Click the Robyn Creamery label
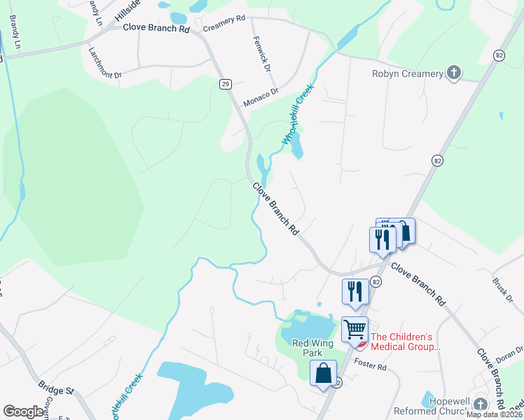408,73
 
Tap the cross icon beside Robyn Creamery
454,72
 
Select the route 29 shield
225,84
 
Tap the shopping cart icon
355,328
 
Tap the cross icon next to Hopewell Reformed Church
480,404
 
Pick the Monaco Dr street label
261,97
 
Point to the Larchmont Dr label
105,63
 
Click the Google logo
24,411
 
